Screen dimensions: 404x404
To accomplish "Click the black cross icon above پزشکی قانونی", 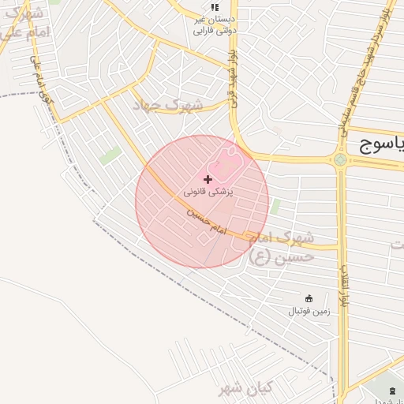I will (208, 180).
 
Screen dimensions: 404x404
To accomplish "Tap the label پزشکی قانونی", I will (208, 192).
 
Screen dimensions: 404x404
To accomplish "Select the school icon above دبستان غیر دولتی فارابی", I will (215, 7).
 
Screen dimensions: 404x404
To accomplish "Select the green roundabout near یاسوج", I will (340, 159).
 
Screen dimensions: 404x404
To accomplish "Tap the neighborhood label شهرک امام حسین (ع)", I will (281, 247).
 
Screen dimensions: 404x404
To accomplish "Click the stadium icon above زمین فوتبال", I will (309, 298).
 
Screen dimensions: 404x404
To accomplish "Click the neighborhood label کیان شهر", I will (245, 388).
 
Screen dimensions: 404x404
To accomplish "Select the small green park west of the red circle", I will (110, 154).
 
